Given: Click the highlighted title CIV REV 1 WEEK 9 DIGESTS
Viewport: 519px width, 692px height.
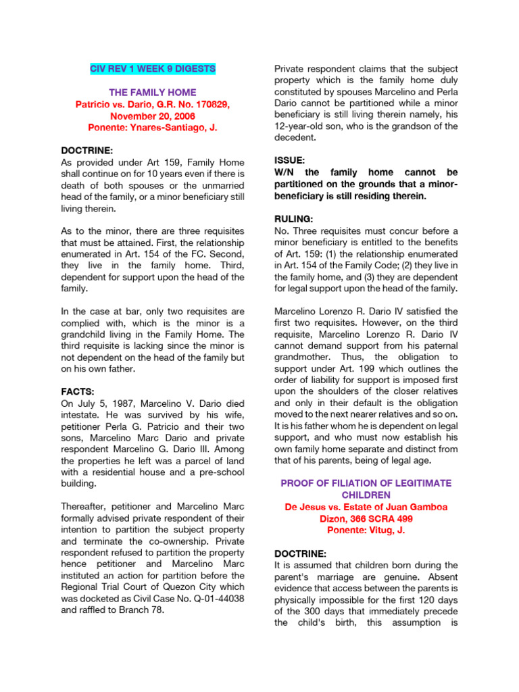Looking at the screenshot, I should click(153, 69).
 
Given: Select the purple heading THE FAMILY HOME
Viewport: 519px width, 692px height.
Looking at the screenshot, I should click(153, 92).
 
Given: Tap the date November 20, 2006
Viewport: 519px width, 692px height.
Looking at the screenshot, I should click(153, 116).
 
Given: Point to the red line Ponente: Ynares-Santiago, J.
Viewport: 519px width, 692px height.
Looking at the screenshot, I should click(153, 127).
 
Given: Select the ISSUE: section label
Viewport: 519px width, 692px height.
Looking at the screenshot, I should click(289, 160).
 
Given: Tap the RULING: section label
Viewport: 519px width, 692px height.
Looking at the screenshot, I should click(295, 219).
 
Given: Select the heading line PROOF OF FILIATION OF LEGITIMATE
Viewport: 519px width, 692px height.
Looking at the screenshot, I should click(365, 484).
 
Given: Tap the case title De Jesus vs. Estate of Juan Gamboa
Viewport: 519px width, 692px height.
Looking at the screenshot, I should click(365, 507).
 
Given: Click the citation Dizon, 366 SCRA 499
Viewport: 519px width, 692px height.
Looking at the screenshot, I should click(365, 518).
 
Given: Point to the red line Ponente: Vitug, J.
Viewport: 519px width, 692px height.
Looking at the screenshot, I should click(365, 530).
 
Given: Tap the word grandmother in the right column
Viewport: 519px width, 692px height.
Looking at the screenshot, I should click(303, 357).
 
